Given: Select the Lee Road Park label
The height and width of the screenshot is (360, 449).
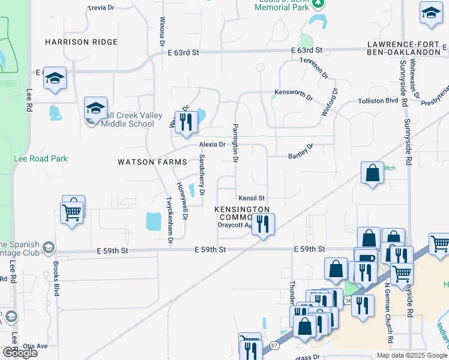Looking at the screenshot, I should pyautogui.click(x=41, y=159).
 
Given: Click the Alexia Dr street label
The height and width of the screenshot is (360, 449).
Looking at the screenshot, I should pyautogui.click(x=212, y=145).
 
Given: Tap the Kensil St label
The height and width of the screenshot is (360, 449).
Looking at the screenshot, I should pyautogui.click(x=252, y=197).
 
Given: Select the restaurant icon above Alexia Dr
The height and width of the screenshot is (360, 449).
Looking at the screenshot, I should pyautogui.click(x=187, y=122).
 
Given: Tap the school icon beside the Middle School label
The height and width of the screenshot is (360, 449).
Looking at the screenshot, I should pyautogui.click(x=95, y=108).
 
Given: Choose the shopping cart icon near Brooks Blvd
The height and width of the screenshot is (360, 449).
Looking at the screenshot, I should pyautogui.click(x=71, y=212).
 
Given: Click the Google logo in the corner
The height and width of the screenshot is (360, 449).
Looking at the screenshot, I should pyautogui.click(x=20, y=353).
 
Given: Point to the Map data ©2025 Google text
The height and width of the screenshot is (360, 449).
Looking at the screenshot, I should pyautogui.click(x=412, y=355).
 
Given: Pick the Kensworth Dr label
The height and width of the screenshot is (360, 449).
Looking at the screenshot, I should pyautogui.click(x=294, y=95).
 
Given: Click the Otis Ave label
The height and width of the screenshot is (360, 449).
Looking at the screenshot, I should pyautogui.click(x=35, y=346).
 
